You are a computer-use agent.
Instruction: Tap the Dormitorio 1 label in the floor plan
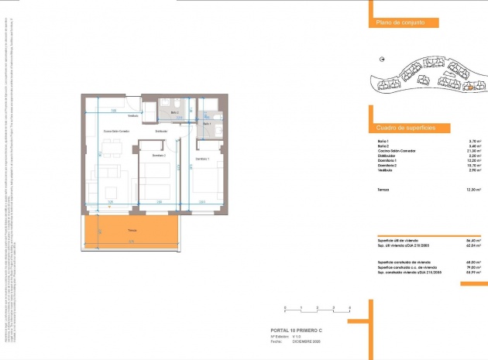coord(203,159)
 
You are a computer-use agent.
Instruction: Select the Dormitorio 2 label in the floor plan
coord(160,156)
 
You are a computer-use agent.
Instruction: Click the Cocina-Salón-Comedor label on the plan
coord(118,132)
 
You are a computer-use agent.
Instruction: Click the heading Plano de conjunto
coord(400,24)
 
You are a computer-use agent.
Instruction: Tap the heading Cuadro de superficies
coord(406,126)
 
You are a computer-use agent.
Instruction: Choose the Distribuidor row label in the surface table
coord(388,156)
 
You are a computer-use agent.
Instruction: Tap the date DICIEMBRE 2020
coord(307,341)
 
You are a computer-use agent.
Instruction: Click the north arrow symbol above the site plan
coord(382,60)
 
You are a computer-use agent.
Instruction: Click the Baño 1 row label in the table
coord(383,140)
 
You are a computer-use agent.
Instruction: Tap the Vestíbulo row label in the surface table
coord(386,170)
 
